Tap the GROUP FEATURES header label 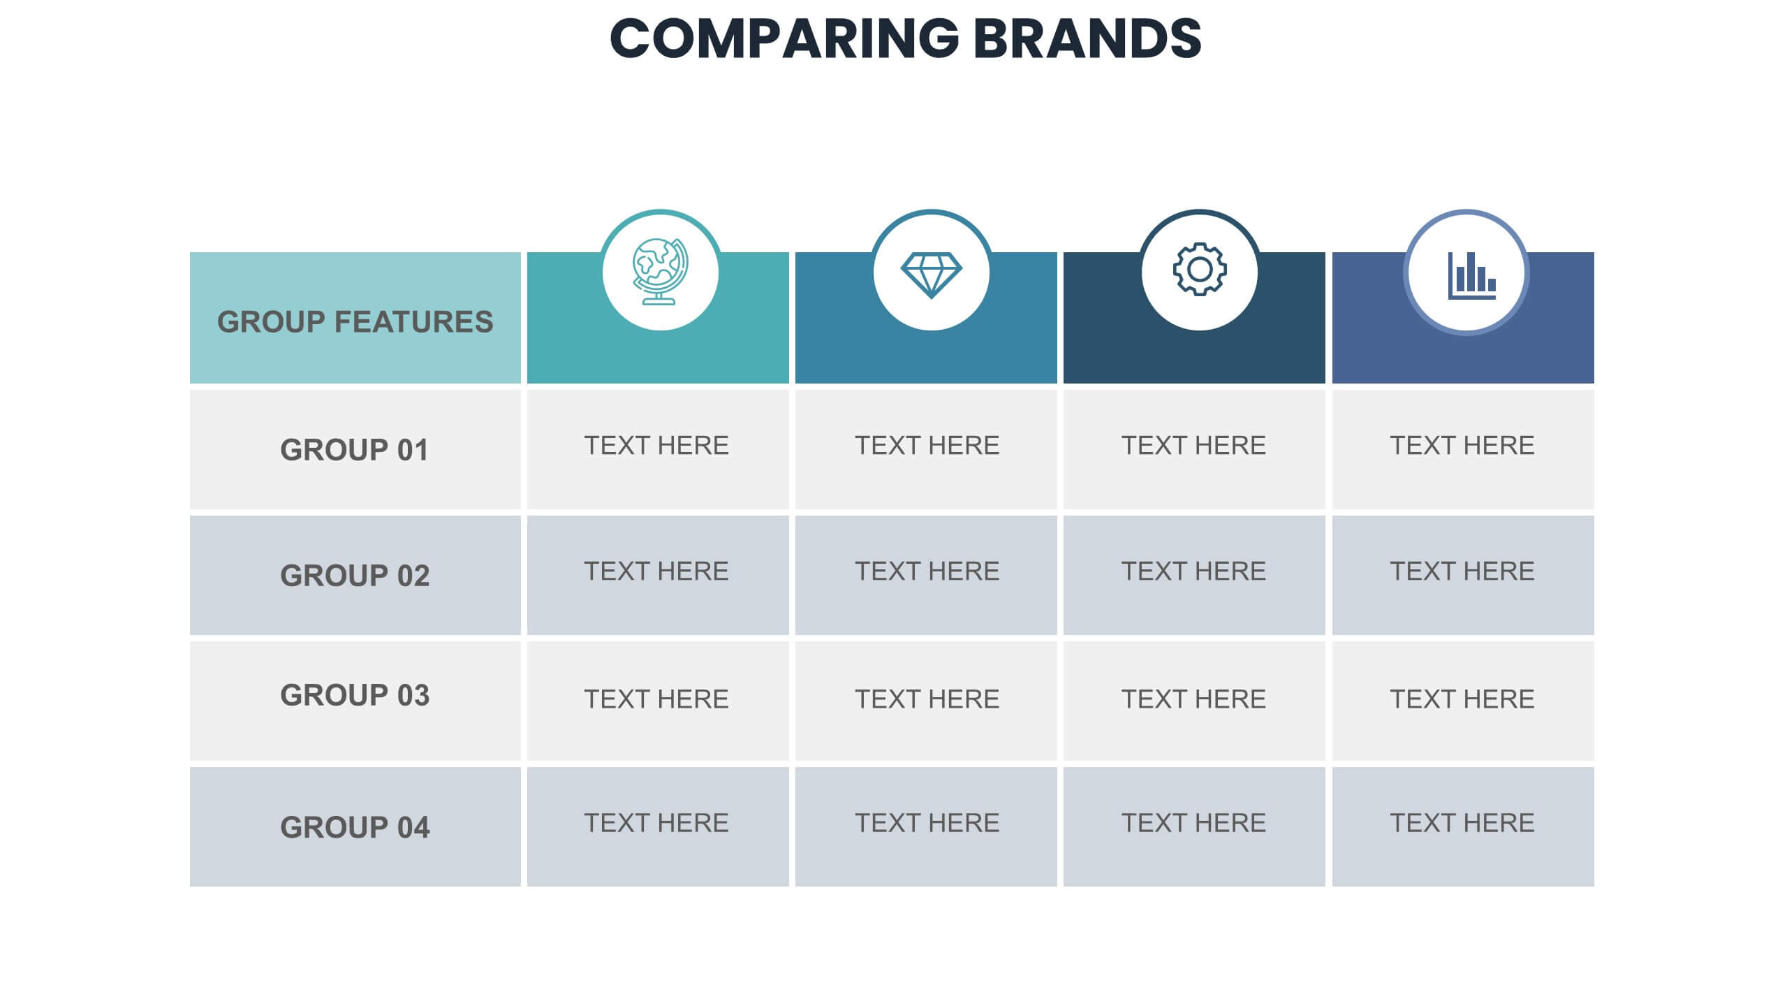coord(355,322)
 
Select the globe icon coord(660,271)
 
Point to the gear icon coord(1199,269)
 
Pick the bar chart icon coord(1471,275)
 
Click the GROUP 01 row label coord(355,450)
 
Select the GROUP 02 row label coord(355,576)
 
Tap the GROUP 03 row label coord(355,695)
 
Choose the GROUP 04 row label coord(355,827)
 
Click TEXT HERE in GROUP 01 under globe coord(656,445)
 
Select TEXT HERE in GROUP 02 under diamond coord(927,571)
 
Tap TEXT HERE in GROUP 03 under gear coord(1193,699)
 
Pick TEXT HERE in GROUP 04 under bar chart coord(1462,823)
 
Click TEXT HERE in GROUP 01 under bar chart coord(1462,445)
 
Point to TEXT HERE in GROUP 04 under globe coord(656,823)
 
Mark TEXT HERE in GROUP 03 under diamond coord(927,699)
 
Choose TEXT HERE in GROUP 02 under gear coord(1193,571)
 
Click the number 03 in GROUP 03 coord(413,695)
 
